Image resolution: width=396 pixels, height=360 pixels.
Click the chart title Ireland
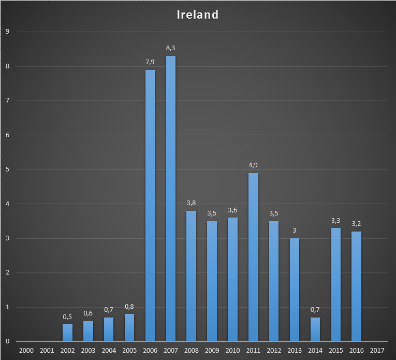(198, 15)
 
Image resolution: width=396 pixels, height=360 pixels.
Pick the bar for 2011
(253, 257)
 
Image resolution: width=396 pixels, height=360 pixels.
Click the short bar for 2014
(315, 329)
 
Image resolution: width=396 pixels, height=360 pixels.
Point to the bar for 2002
(68, 333)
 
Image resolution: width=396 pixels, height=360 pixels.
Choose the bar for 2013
(294, 290)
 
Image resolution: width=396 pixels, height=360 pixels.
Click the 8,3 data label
(171, 48)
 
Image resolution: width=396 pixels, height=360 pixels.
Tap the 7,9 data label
(150, 62)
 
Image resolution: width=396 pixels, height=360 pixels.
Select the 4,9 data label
(253, 165)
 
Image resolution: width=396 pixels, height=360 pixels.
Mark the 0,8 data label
(129, 306)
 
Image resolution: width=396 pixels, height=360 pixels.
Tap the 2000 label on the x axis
(26, 351)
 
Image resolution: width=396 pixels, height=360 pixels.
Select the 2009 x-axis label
(212, 351)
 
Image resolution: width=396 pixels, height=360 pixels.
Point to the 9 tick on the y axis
(7, 32)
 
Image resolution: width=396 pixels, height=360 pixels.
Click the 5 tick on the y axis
(7, 169)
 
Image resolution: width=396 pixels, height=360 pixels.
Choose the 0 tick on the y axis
(7, 341)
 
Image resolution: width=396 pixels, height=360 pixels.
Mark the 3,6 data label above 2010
(232, 210)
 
